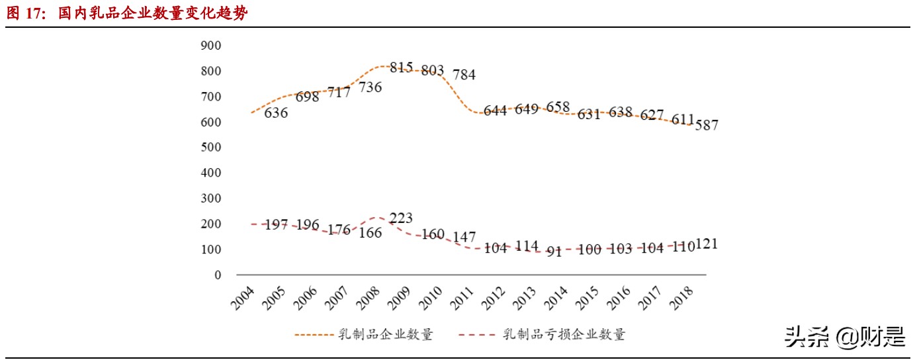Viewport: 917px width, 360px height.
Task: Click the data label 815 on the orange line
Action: click(402, 67)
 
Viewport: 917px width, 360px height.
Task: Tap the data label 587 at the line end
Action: click(705, 125)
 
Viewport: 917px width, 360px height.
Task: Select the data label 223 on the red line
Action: click(401, 218)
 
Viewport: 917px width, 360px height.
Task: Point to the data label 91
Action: click(554, 251)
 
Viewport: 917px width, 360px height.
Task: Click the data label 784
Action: click(464, 75)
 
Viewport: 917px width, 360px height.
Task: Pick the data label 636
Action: click(276, 113)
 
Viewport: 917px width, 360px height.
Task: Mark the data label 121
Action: click(705, 244)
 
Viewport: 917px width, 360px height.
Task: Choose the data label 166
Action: click(370, 233)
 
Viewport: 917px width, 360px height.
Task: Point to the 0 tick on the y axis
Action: click(218, 275)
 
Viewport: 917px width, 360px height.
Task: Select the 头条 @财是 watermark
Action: click(845, 337)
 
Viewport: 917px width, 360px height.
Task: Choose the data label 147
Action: click(464, 237)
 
